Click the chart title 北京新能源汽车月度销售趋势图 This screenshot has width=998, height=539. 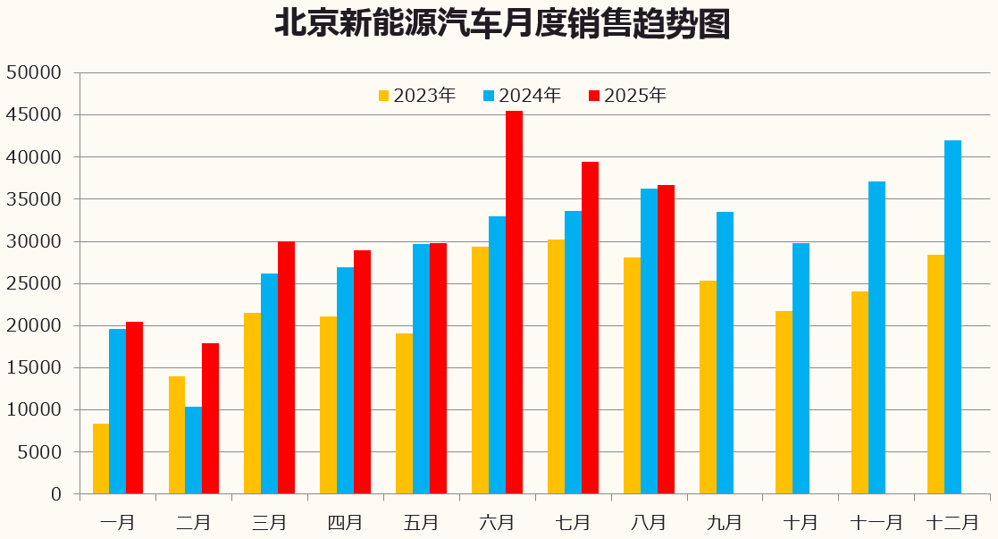(x=501, y=25)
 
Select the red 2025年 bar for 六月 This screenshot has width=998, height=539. (x=514, y=302)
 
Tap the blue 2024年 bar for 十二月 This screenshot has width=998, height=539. (x=952, y=316)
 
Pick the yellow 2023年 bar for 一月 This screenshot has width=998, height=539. (x=101, y=459)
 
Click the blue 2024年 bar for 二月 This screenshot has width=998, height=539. (x=193, y=450)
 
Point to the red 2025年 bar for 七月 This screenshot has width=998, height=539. (x=590, y=327)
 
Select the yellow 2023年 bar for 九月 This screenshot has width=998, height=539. (x=708, y=387)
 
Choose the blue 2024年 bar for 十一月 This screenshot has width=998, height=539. (x=876, y=337)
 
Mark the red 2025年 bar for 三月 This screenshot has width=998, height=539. (x=286, y=367)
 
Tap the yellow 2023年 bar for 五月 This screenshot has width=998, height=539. (x=404, y=413)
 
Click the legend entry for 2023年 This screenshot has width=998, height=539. (x=417, y=96)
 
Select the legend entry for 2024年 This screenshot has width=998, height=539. (x=522, y=96)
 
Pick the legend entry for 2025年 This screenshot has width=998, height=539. (x=627, y=96)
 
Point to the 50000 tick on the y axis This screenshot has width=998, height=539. (x=33, y=72)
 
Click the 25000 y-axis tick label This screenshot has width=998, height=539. (x=33, y=283)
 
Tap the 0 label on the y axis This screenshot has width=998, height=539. (x=56, y=494)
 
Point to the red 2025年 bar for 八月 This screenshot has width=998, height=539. (x=666, y=339)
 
